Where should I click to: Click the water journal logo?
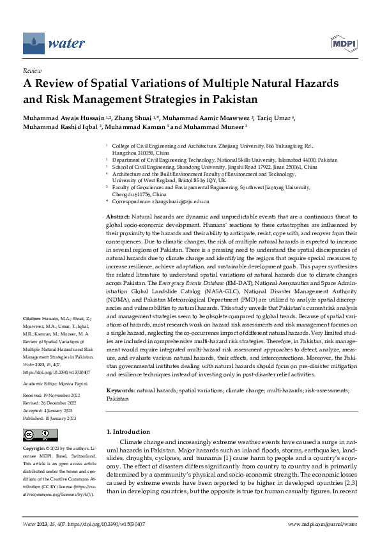(54, 43)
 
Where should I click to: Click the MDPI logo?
(342, 43)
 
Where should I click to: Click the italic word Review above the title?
(32, 71)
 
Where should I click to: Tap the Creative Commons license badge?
(36, 435)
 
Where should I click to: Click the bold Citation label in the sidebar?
(32, 318)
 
